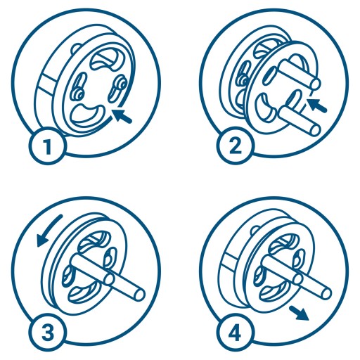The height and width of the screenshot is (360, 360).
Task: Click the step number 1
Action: tap(48, 146)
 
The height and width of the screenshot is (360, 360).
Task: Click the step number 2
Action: tap(235, 146)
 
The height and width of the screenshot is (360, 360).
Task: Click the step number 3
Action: tap(48, 333)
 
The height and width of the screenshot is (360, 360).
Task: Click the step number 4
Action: tap(235, 333)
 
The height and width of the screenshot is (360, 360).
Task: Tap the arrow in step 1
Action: tap(122, 115)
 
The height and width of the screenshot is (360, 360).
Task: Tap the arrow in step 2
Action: tap(317, 105)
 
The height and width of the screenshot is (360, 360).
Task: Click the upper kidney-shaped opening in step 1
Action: tap(105, 59)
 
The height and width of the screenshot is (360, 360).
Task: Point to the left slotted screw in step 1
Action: tap(79, 86)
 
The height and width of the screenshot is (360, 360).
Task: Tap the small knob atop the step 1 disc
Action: tap(76, 48)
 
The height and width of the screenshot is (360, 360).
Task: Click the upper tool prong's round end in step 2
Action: tap(315, 84)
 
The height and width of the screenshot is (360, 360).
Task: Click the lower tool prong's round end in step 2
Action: tap(314, 129)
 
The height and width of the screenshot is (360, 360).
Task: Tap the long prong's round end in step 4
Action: tap(326, 293)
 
